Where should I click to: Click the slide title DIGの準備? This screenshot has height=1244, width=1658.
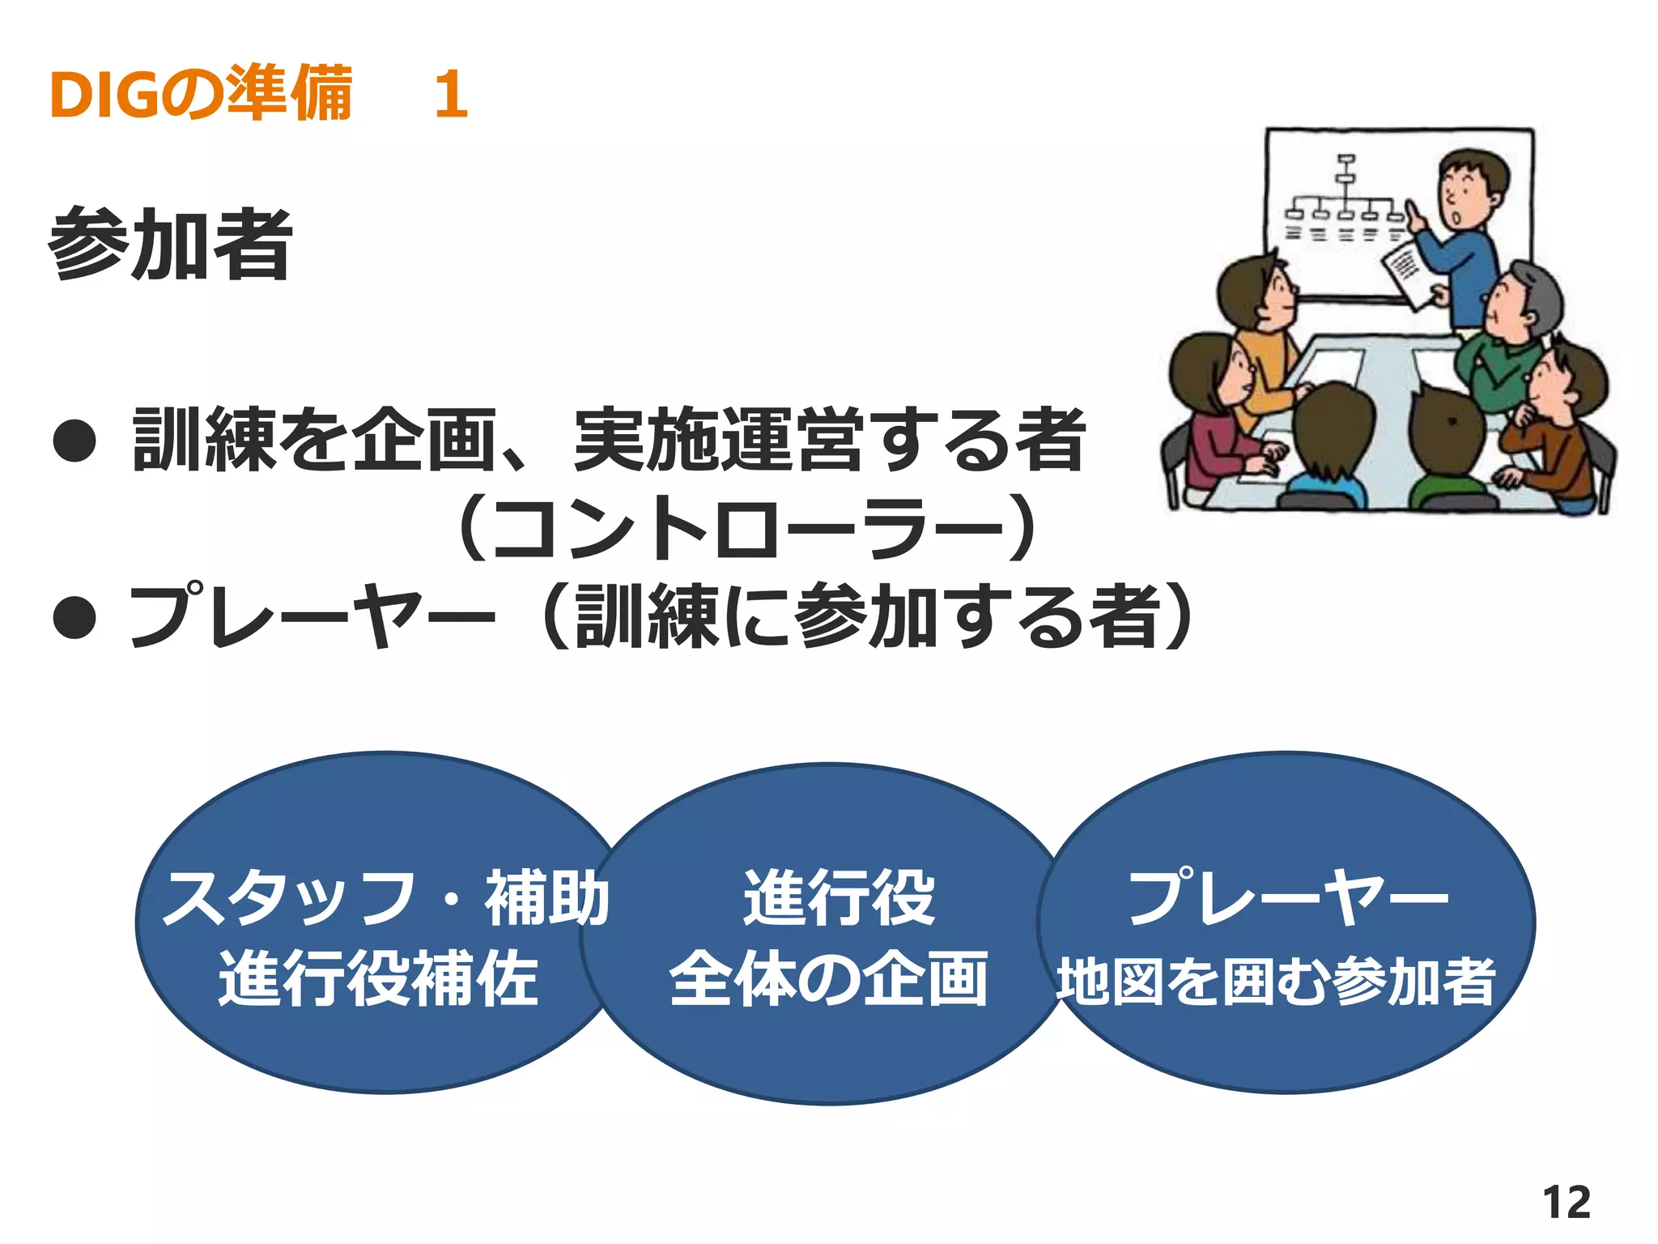[x=201, y=94]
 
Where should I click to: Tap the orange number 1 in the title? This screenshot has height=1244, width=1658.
[x=450, y=94]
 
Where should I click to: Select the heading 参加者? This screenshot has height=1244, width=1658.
[x=170, y=243]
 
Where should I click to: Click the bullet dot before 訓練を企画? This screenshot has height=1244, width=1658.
[x=74, y=441]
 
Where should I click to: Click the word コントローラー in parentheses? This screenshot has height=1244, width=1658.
[x=745, y=528]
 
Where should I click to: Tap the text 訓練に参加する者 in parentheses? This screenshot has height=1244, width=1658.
[x=866, y=617]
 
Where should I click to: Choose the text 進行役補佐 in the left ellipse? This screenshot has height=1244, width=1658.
[x=379, y=978]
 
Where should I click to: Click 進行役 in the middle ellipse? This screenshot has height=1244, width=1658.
[x=839, y=897]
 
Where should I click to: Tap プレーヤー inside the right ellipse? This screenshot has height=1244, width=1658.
[x=1287, y=897]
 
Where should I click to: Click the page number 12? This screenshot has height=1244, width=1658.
[x=1566, y=1202]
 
